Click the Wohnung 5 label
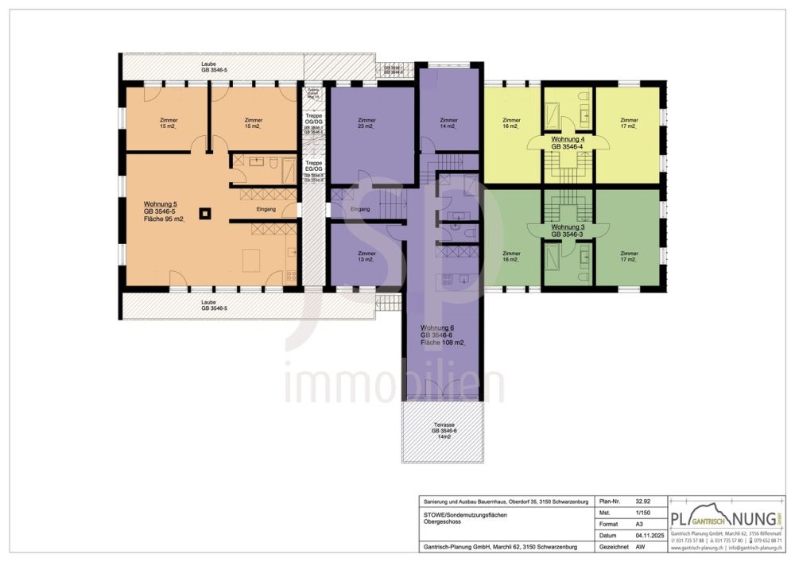161,203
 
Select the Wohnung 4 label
568,138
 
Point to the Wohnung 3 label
568,227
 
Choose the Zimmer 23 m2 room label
366,123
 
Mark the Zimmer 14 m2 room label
449,123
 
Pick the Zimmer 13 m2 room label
366,256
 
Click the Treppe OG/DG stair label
314,119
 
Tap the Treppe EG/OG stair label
314,165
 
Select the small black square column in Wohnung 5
204,213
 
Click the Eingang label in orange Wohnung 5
266,210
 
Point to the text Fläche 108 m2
443,343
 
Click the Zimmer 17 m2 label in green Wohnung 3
629,256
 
